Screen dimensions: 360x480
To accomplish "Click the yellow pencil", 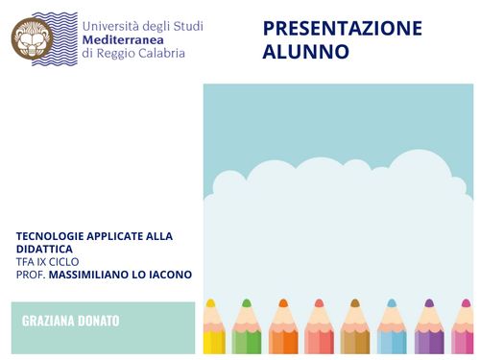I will (213, 331).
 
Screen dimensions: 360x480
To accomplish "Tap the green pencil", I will (247, 331).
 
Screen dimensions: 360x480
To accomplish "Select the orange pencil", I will (283, 331).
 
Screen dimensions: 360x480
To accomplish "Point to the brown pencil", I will (355, 331).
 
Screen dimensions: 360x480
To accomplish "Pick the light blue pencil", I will (392, 331).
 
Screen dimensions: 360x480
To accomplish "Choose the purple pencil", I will (428, 331).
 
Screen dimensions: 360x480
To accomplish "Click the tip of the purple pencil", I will (428, 303).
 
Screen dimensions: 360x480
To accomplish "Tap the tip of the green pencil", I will (247, 303).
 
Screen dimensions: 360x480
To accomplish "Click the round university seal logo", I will (32, 38).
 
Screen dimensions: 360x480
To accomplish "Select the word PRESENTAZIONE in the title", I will (342, 28).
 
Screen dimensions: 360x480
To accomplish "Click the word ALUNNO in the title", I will (305, 52).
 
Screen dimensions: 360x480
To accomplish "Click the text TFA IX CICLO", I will (47, 261).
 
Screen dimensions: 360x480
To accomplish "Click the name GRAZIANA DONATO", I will (71, 321).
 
